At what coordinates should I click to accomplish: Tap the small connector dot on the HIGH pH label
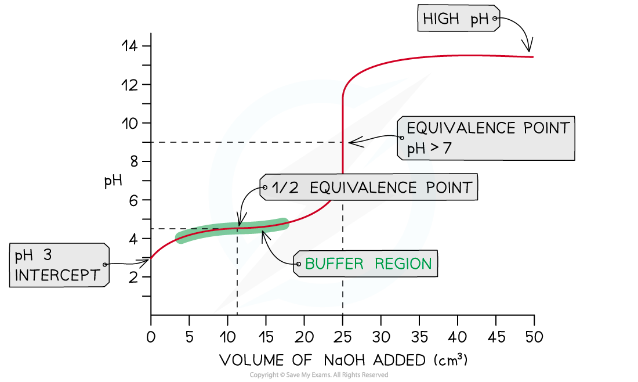tap(495, 19)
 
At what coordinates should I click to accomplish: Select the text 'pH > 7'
tap(429, 149)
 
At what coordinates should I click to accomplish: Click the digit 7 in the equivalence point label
tap(447, 149)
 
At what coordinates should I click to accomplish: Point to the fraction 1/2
tap(286, 188)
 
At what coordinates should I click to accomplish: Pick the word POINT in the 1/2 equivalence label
tap(450, 188)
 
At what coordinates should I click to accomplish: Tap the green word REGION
tap(403, 264)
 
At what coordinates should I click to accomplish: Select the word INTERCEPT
tap(57, 275)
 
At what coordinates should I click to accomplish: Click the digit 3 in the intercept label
tap(48, 256)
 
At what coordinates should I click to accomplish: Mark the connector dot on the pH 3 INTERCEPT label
tap(104, 265)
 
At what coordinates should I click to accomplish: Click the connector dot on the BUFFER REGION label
tap(298, 264)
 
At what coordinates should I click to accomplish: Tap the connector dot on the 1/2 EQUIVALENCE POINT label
tap(265, 188)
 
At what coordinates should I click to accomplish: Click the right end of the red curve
tap(532, 57)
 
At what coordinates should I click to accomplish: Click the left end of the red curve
tap(151, 258)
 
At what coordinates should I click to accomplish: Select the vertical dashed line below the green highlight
tap(237, 250)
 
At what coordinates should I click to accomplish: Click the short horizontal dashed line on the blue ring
tap(233, 142)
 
